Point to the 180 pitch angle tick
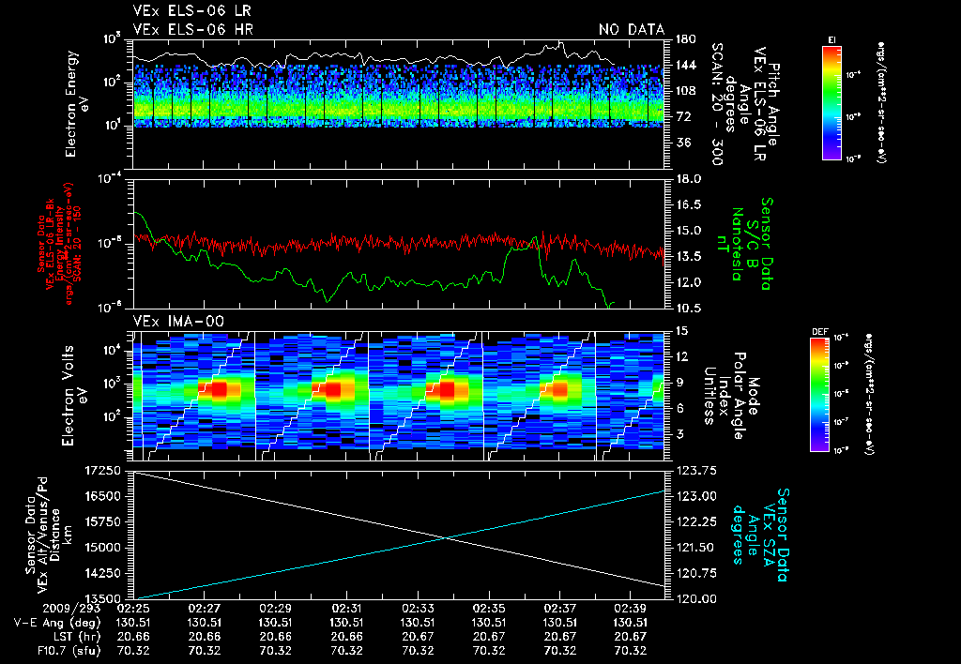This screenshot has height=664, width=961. point(684,39)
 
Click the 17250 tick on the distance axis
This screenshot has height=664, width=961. point(100,469)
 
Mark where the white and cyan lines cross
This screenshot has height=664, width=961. point(445,537)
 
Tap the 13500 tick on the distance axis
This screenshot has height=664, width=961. point(100,597)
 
